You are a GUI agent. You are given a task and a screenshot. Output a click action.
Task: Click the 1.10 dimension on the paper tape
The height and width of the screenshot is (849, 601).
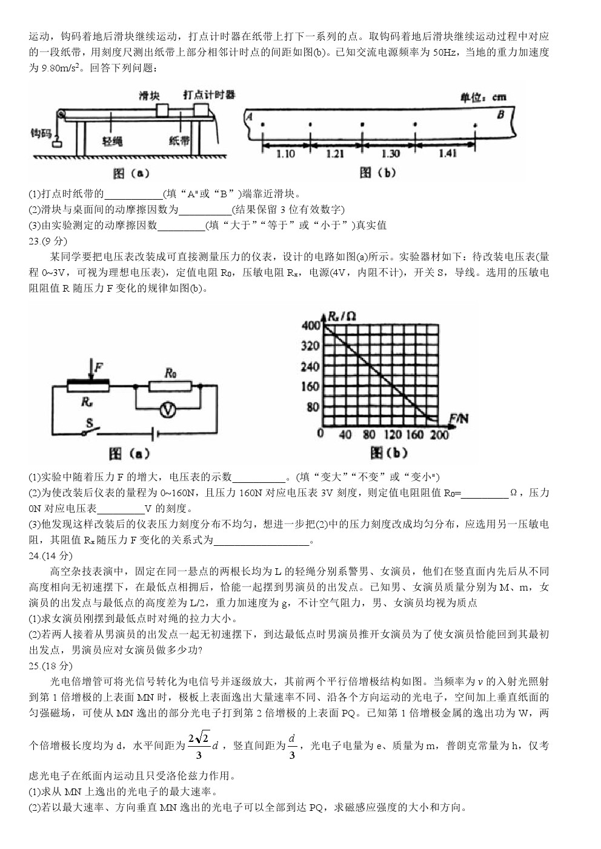click(x=285, y=154)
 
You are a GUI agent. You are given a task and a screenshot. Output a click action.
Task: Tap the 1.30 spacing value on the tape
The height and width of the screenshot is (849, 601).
click(x=390, y=154)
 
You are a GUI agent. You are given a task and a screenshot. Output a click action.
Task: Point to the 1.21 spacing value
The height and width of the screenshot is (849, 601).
click(x=335, y=154)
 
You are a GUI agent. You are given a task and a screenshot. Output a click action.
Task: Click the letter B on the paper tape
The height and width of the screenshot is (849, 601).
click(x=500, y=114)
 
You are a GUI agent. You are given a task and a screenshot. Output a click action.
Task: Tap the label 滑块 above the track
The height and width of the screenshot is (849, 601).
click(x=150, y=95)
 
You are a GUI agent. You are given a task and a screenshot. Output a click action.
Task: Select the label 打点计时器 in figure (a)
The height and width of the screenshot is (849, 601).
click(x=209, y=94)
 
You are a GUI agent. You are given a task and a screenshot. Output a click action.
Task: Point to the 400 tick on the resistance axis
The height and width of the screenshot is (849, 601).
click(x=310, y=326)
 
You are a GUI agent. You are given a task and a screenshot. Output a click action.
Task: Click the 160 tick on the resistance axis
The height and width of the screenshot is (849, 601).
click(x=310, y=387)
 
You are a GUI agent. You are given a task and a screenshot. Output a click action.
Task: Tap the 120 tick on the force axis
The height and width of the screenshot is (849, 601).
click(x=393, y=434)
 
